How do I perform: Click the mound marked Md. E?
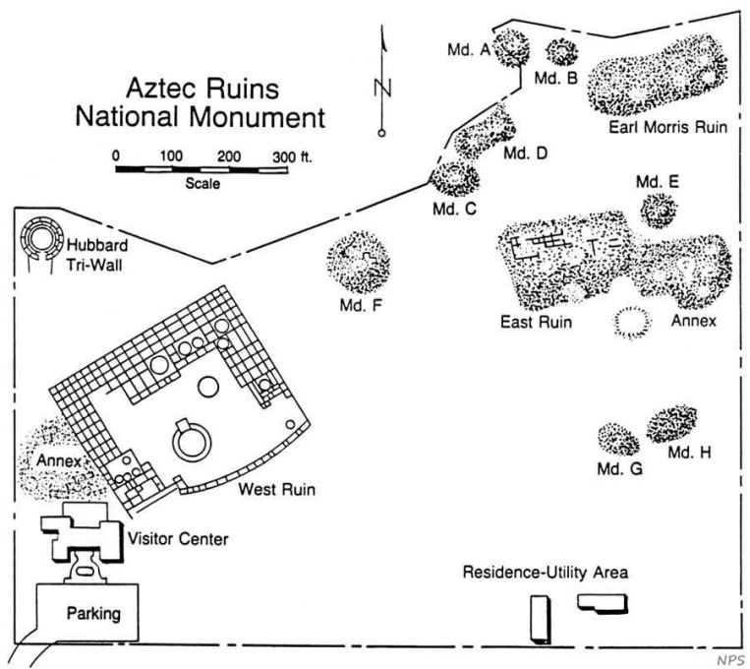pyautogui.click(x=658, y=209)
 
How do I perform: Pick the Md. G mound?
pyautogui.click(x=618, y=439)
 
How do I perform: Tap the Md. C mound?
pyautogui.click(x=454, y=178)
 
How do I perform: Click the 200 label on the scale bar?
pyautogui.click(x=229, y=155)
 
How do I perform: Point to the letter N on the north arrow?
pyautogui.click(x=382, y=87)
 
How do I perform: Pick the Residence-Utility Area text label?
pyautogui.click(x=547, y=572)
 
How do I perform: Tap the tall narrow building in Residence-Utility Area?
pyautogui.click(x=540, y=619)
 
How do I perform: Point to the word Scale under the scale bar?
pyautogui.click(x=201, y=182)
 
